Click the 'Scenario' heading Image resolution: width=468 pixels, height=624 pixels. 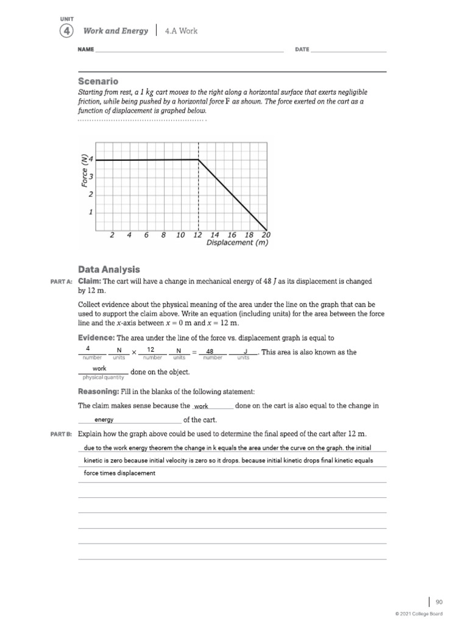[98, 81]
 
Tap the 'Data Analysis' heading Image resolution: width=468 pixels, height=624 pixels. [109, 269]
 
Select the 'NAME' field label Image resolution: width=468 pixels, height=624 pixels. [86, 49]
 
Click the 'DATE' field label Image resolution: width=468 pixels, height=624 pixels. [302, 49]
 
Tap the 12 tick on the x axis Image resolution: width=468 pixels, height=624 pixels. [197, 235]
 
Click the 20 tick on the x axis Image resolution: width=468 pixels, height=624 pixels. [266, 235]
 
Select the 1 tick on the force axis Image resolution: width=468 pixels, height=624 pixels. [91, 213]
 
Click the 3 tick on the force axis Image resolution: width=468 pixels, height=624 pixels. [91, 177]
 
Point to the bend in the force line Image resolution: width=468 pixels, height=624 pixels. [199, 160]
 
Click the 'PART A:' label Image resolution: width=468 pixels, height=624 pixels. [61, 282]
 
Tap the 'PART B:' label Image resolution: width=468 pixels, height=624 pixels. [61, 434]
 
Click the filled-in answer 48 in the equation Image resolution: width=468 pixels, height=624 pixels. [210, 351]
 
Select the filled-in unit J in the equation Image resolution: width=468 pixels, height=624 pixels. [245, 351]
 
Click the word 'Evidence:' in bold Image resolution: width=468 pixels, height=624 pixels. [96, 338]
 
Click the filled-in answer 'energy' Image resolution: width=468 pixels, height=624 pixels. [104, 420]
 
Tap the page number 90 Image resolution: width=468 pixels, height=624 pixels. [439, 602]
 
